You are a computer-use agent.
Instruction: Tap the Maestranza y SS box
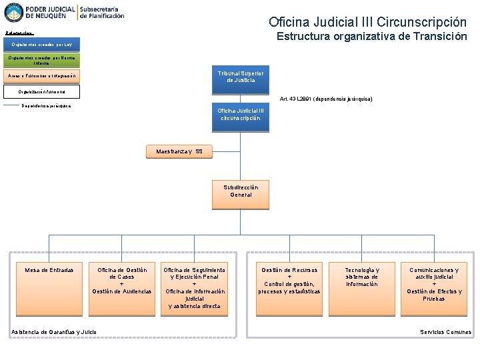[x=179, y=152]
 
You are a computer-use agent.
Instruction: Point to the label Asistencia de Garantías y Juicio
[x=54, y=332]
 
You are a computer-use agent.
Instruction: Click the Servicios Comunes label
[x=445, y=332]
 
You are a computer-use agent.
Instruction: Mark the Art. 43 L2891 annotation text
[x=327, y=99]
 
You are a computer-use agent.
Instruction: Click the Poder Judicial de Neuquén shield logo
[x=13, y=12]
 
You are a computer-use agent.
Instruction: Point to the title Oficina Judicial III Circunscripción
[x=367, y=22]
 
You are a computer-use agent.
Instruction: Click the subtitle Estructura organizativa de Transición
[x=371, y=37]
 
